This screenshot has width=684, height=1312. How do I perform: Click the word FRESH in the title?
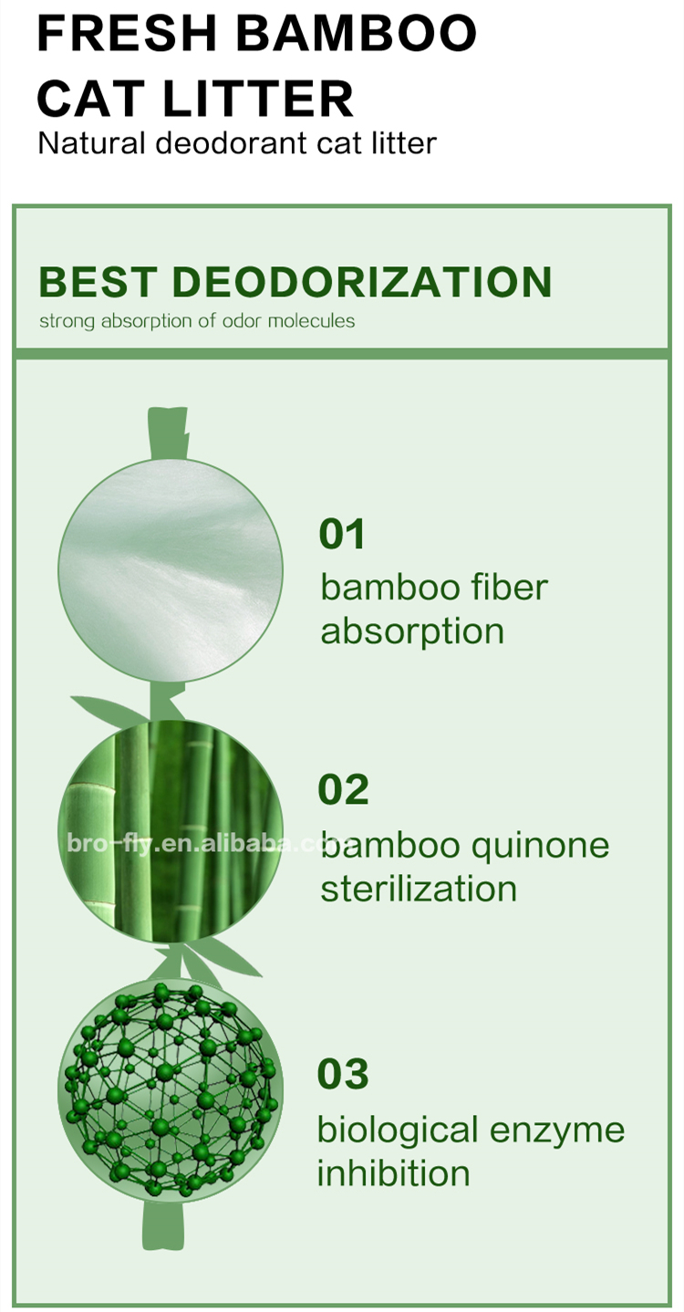tap(127, 33)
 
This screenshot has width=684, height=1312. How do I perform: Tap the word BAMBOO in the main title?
tap(356, 33)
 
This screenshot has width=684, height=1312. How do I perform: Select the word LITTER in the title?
tap(258, 98)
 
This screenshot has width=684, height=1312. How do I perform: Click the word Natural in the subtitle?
tap(91, 144)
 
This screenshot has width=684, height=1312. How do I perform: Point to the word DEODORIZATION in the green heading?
tap(361, 282)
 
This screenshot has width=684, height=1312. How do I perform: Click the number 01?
tap(342, 533)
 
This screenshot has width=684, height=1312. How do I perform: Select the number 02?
tap(343, 789)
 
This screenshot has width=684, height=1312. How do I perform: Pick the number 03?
tap(343, 1073)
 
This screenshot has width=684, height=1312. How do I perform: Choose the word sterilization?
tap(418, 889)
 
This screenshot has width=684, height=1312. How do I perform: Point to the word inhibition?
tap(394, 1173)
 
